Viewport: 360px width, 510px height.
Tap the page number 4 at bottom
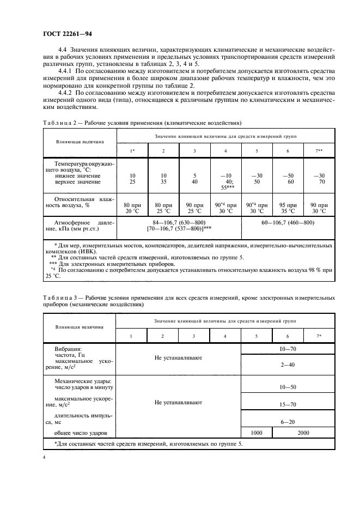[x=44, y=459]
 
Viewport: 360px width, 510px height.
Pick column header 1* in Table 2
[x=132, y=150]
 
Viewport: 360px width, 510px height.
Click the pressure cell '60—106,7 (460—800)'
[x=288, y=222]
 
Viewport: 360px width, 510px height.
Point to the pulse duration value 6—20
[x=288, y=422]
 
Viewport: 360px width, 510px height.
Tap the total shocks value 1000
[x=256, y=433]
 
